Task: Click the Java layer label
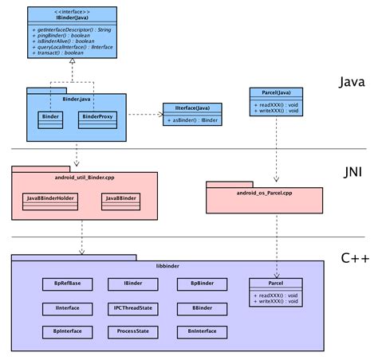tap(352, 82)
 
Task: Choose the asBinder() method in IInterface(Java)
tap(192, 120)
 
